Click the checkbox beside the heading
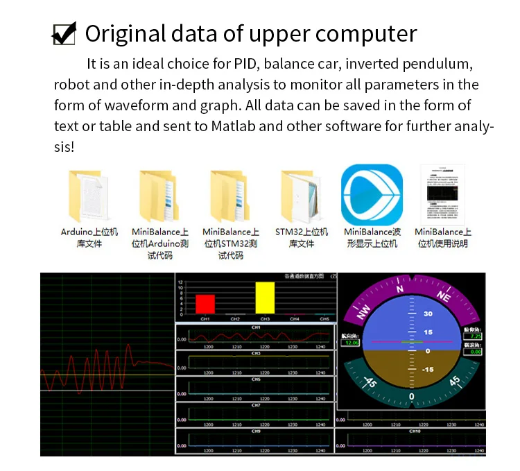[64, 33]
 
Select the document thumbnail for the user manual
[442, 194]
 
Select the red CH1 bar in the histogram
[205, 304]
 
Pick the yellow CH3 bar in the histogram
[265, 298]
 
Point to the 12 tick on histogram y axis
[181, 283]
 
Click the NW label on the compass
[363, 314]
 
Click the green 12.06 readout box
[352, 343]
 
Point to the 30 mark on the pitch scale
[428, 314]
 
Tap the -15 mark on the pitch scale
[428, 369]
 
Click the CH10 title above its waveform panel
[415, 431]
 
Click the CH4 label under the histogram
[295, 318]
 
